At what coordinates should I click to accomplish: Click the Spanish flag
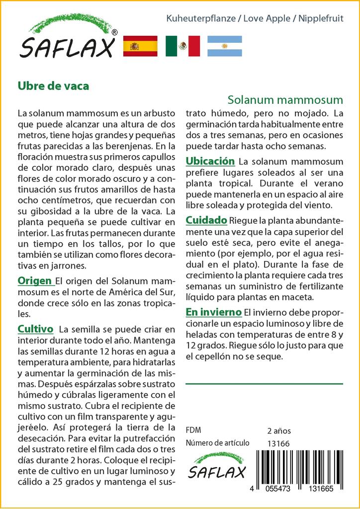tap(140, 46)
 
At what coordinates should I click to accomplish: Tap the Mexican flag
tap(182, 46)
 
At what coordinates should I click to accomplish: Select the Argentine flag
tap(224, 46)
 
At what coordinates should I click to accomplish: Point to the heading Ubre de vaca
tap(54, 85)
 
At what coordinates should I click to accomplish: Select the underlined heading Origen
tap(36, 281)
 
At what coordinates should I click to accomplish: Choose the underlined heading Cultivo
tap(35, 329)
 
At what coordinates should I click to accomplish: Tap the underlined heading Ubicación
tap(210, 162)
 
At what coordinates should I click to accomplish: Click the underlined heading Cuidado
tap(206, 220)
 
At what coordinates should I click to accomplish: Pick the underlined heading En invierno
tap(213, 312)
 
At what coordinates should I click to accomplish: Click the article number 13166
tap(278, 443)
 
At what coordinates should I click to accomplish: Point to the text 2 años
tap(279, 430)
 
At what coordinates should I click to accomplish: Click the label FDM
tap(193, 430)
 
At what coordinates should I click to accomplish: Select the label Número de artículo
tap(217, 443)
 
